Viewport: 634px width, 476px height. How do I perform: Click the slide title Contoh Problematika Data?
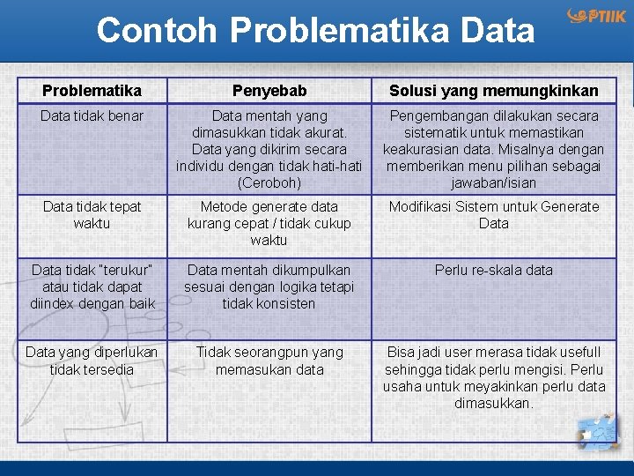(315, 30)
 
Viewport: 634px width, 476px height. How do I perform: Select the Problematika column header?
(92, 91)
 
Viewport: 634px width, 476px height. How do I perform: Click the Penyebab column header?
(269, 91)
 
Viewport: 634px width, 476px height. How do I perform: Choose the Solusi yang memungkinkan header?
(492, 91)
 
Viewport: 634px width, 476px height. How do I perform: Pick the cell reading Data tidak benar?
(92, 115)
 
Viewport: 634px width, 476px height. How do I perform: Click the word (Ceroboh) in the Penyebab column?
(269, 182)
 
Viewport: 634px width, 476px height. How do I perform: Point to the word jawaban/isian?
(493, 182)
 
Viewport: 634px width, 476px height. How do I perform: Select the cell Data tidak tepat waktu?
(92, 214)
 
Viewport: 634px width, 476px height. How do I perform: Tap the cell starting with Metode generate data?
(269, 223)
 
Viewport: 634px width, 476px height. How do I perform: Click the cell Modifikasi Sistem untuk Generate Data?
(493, 214)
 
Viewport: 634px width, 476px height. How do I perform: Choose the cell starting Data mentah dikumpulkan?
(269, 286)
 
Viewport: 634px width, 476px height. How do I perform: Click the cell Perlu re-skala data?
(493, 270)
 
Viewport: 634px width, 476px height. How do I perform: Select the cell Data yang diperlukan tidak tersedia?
(92, 361)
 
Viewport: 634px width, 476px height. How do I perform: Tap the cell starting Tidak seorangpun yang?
(269, 361)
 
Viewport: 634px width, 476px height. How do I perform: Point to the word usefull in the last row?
(573, 353)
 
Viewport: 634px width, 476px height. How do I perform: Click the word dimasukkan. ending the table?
(493, 403)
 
